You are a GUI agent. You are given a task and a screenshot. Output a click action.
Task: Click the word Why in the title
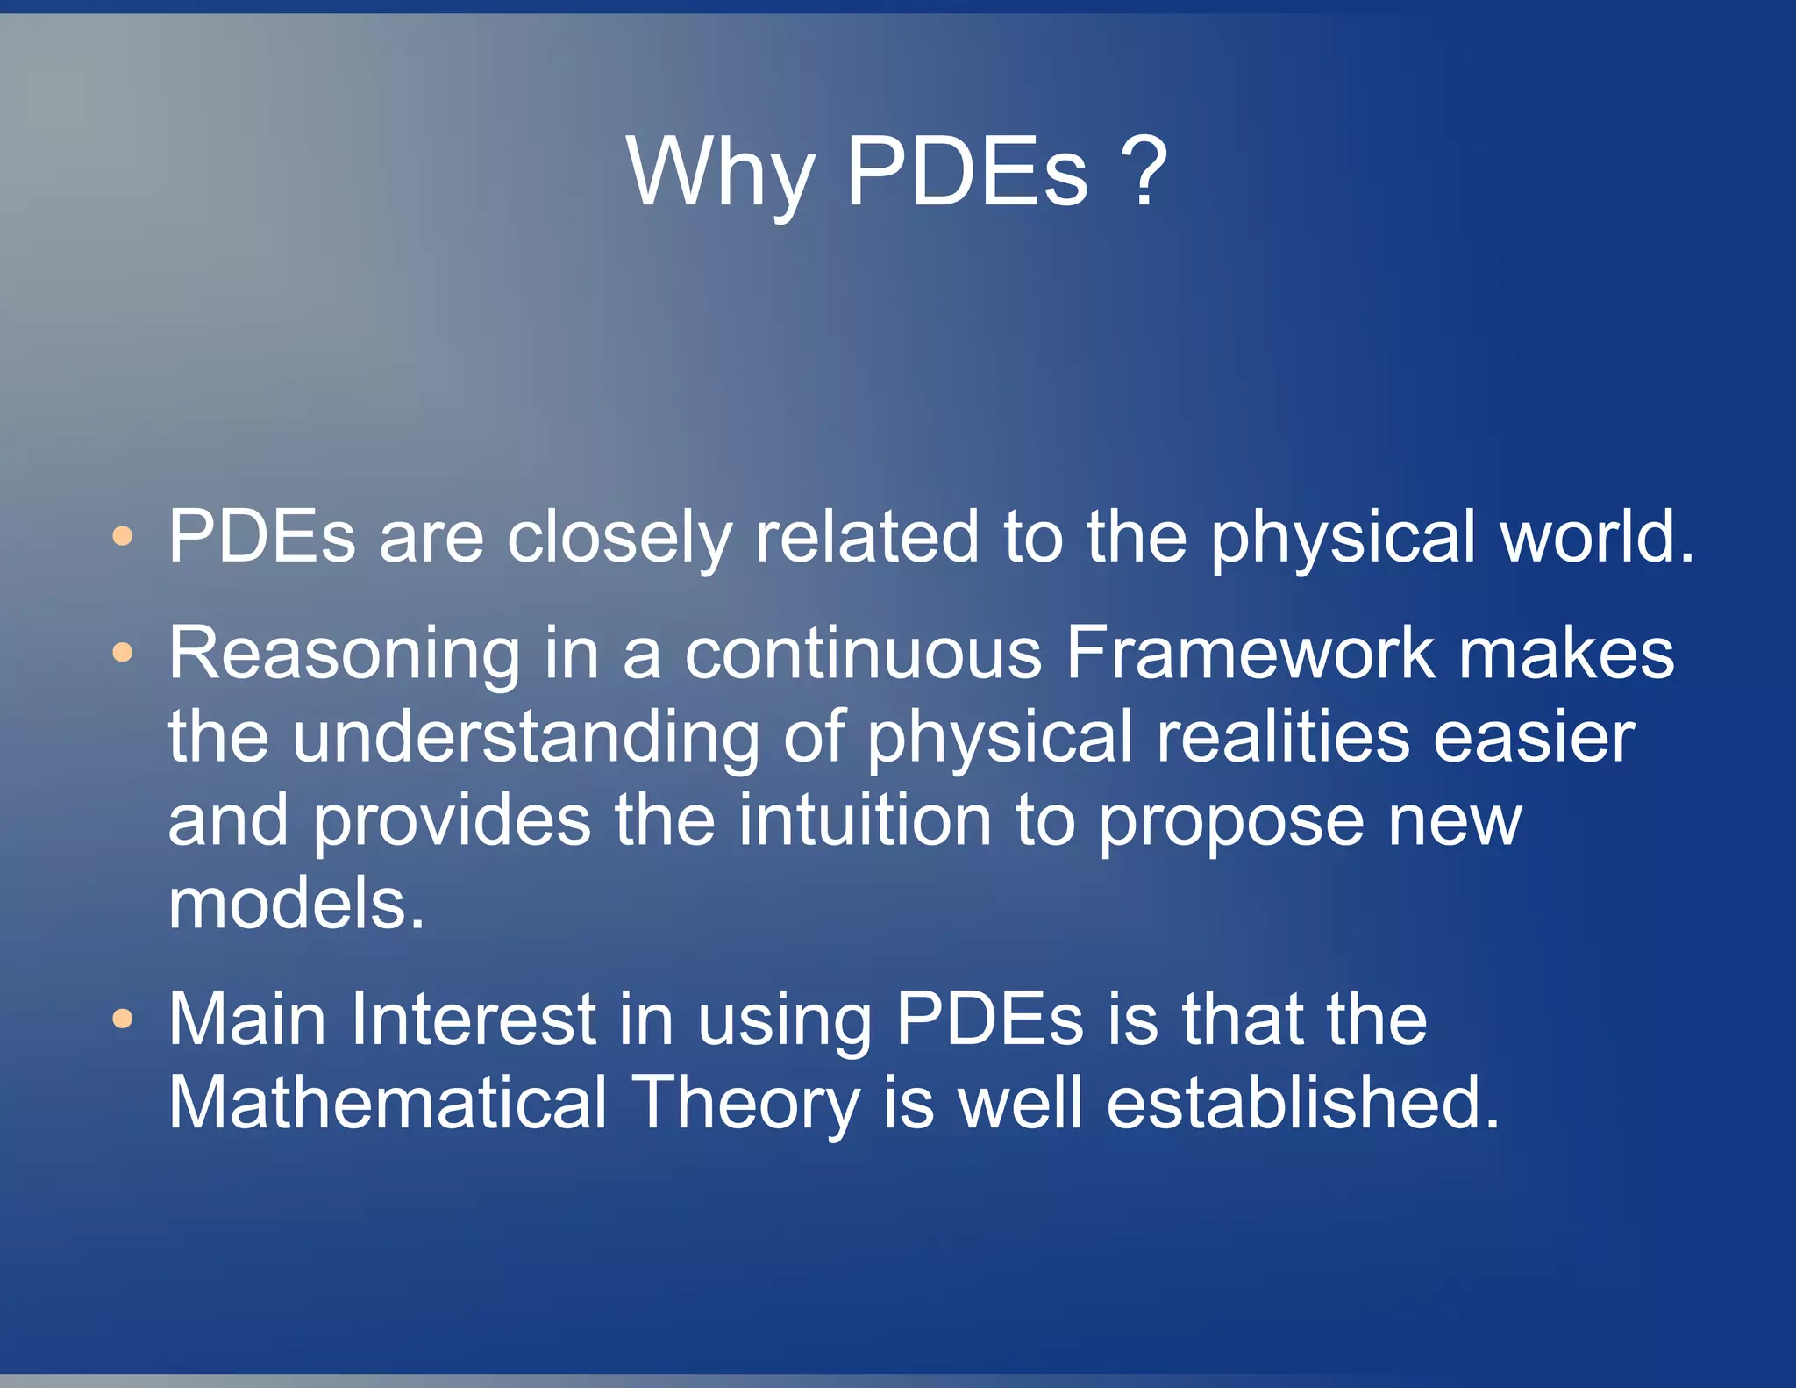pyautogui.click(x=721, y=173)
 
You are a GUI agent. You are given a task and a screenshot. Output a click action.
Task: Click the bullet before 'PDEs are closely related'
pyautogui.click(x=123, y=535)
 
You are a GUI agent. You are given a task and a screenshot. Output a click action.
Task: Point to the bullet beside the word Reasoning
pyautogui.click(x=123, y=652)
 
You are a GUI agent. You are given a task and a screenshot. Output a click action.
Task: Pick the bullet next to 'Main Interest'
pyautogui.click(x=123, y=1018)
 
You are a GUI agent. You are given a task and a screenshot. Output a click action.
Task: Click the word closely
pyautogui.click(x=618, y=537)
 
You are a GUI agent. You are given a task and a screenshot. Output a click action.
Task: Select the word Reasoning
pyautogui.click(x=345, y=654)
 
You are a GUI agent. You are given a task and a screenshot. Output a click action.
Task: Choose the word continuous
pyautogui.click(x=863, y=654)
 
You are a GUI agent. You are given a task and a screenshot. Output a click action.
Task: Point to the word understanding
pyautogui.click(x=525, y=737)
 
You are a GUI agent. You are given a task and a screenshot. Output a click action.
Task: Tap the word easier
pyautogui.click(x=1534, y=737)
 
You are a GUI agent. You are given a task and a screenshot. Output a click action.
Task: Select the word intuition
pyautogui.click(x=864, y=819)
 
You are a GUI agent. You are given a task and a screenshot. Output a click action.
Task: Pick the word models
pyautogui.click(x=296, y=904)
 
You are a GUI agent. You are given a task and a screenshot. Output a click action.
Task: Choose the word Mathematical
pyautogui.click(x=388, y=1102)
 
